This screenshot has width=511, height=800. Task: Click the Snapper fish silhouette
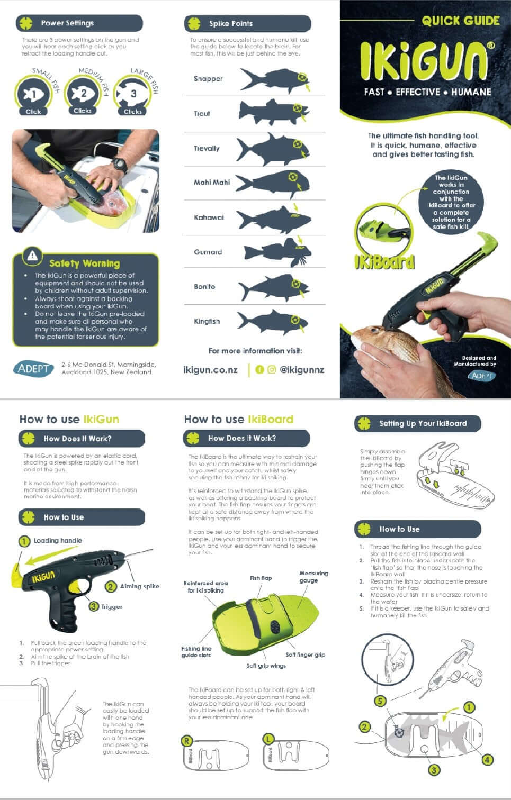coord(273,80)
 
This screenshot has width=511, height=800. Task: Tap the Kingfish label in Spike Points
coord(207,321)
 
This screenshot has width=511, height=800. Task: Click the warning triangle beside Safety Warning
coord(33,256)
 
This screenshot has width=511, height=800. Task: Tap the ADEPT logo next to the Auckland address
coord(33,368)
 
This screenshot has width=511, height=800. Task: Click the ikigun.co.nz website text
coord(210,370)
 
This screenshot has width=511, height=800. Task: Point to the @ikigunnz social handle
coord(302,370)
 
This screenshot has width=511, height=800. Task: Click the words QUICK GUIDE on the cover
coord(460,21)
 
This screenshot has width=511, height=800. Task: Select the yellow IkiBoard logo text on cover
coord(384,261)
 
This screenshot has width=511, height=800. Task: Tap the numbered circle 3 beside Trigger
coord(94,606)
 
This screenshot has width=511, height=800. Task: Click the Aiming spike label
coord(139,586)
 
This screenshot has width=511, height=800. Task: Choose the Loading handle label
coord(58,541)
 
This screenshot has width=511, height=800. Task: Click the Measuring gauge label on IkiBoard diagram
coord(313,577)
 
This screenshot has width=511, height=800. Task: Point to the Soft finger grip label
coord(305,654)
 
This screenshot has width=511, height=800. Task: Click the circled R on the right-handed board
coord(186,740)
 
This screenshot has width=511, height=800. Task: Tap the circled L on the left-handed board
coord(268,738)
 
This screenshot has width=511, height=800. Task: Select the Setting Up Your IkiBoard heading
coord(423,423)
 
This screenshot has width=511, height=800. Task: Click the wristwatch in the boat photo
coord(120,165)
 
